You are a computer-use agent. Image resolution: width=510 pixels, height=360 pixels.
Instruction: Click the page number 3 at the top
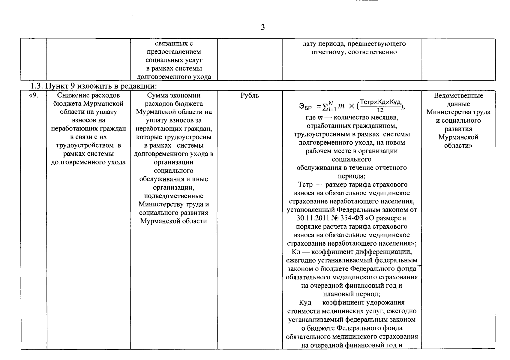262,28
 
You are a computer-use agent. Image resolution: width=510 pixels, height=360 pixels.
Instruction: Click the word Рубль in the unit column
250,96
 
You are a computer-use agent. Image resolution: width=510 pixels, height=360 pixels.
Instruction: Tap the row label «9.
34,96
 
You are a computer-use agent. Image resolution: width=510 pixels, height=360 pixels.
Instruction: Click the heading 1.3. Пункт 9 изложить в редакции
94,86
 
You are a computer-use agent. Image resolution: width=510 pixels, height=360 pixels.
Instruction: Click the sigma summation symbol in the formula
324,106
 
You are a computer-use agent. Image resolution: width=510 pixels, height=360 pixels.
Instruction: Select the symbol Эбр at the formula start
305,106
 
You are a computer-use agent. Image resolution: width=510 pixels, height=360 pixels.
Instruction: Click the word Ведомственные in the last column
458,96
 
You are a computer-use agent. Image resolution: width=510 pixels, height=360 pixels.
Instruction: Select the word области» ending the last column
458,146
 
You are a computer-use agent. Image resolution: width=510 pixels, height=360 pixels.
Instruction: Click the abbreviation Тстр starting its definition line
305,184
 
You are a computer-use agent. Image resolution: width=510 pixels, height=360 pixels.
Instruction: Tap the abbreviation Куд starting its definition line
305,302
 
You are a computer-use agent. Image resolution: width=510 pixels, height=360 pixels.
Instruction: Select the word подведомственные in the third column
174,196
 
